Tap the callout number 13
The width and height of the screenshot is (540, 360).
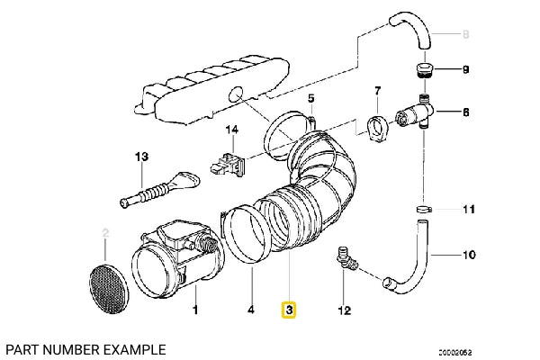click(x=140, y=157)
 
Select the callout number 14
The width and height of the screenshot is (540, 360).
click(x=232, y=130)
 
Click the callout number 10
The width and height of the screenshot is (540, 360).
click(x=469, y=256)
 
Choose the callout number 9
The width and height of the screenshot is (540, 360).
click(x=466, y=69)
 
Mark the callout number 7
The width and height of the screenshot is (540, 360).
click(x=377, y=90)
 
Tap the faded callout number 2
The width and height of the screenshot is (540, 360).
click(x=105, y=234)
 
